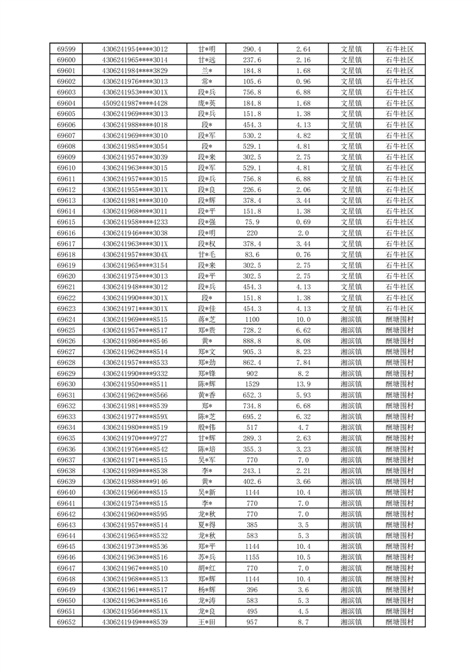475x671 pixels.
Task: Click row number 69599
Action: [x=66, y=49]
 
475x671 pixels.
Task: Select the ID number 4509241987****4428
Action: [x=135, y=103]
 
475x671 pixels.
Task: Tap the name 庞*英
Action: [x=207, y=103]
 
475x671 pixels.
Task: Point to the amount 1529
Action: [x=252, y=384]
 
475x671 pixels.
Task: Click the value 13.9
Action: [x=303, y=384]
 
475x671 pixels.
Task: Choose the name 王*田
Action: [x=207, y=622]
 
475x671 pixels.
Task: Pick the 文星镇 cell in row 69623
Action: [x=351, y=309]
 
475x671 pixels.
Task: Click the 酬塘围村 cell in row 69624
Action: [x=400, y=319]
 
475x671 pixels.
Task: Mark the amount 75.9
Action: [x=252, y=222]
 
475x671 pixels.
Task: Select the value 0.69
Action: [x=303, y=222]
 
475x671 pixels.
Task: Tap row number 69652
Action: [x=66, y=622]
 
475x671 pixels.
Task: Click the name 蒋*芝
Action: [x=207, y=319]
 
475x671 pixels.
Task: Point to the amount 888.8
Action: [x=252, y=341]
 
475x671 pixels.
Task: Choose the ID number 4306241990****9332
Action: [x=135, y=373]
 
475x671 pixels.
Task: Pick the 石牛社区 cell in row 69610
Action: [x=400, y=168]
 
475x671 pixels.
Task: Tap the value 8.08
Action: [x=303, y=341]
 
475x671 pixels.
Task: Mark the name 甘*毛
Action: [x=207, y=255]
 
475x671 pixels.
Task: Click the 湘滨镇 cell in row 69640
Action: [x=351, y=492]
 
